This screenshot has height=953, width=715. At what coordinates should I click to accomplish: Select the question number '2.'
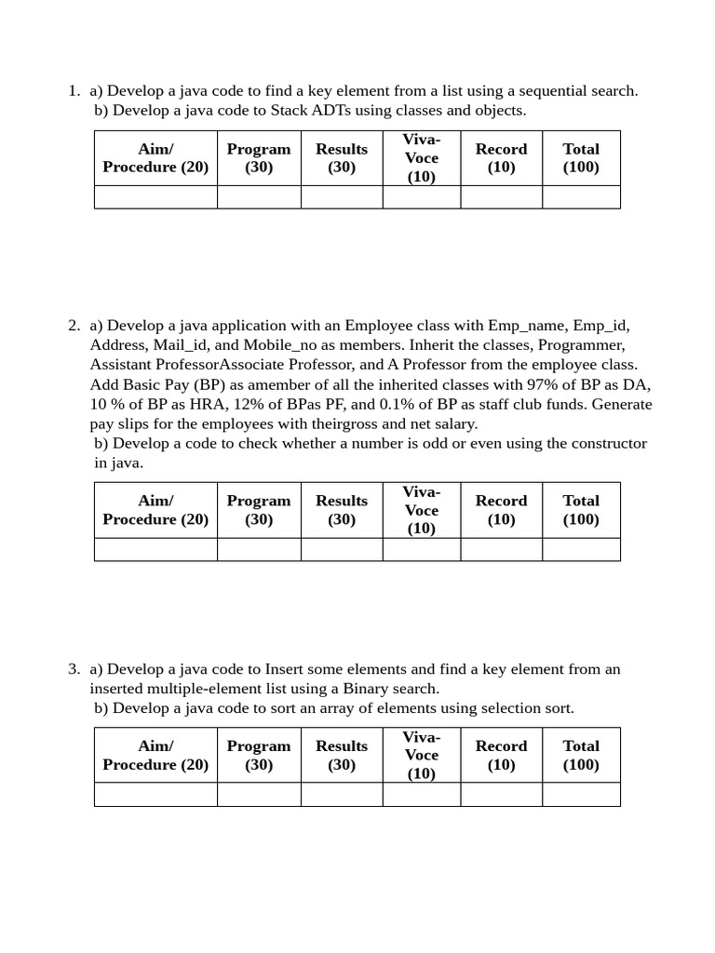74,325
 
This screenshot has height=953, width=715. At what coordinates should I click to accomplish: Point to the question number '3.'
74,668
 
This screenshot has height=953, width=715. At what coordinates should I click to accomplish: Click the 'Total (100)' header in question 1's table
581,158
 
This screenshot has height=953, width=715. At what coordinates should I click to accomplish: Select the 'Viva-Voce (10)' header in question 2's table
421,510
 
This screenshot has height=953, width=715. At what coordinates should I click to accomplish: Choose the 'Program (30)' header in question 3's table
259,755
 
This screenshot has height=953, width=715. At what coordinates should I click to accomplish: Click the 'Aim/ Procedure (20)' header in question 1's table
155,158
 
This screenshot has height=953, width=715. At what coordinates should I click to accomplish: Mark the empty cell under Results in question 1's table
342,197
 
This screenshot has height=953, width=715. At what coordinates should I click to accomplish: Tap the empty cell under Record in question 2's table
501,549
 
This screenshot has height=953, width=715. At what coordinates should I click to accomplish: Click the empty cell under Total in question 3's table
581,794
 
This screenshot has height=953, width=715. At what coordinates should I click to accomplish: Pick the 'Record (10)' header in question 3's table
501,755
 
